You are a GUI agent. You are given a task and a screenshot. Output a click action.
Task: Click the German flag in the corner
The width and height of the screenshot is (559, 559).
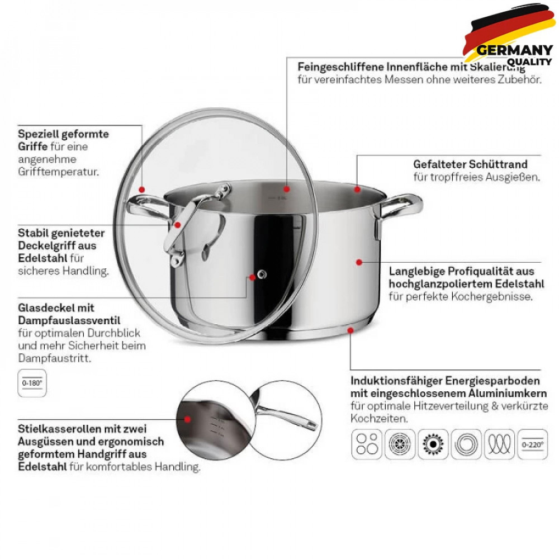(510, 32)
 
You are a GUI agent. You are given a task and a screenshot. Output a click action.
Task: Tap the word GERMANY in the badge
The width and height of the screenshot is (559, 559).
(514, 50)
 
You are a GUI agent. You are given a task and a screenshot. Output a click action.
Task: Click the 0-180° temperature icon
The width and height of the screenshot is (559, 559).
(32, 383)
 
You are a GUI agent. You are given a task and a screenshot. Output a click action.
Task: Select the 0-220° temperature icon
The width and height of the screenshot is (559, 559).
(533, 444)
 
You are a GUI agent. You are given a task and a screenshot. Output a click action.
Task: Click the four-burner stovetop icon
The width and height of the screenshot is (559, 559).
(367, 444)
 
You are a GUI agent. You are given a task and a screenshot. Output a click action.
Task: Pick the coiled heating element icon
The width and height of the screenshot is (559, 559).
(499, 444)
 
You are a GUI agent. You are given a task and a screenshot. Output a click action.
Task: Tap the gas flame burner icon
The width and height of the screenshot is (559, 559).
(433, 444)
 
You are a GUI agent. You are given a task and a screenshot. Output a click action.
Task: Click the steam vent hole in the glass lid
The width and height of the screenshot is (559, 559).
(262, 274)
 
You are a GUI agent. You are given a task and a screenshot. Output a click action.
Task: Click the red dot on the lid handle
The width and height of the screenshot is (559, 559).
(178, 225)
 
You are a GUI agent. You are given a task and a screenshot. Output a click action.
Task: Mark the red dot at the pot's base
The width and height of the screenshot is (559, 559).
(350, 330)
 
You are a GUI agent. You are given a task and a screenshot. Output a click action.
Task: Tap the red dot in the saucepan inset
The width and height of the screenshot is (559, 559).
(187, 419)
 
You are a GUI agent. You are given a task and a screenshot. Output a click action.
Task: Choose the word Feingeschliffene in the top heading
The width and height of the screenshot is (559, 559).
(340, 67)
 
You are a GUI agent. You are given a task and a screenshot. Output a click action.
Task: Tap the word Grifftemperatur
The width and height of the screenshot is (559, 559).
(59, 172)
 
